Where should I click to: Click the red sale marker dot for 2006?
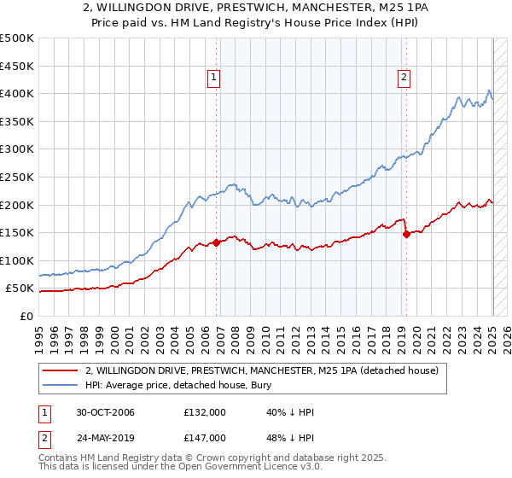point(217,242)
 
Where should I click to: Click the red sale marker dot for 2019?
point(406,234)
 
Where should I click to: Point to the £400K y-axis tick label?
point(18,93)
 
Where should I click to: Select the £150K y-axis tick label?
point(18,232)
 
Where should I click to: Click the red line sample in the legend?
point(60,370)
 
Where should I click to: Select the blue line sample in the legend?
point(60,385)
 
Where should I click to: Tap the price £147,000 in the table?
point(205,437)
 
